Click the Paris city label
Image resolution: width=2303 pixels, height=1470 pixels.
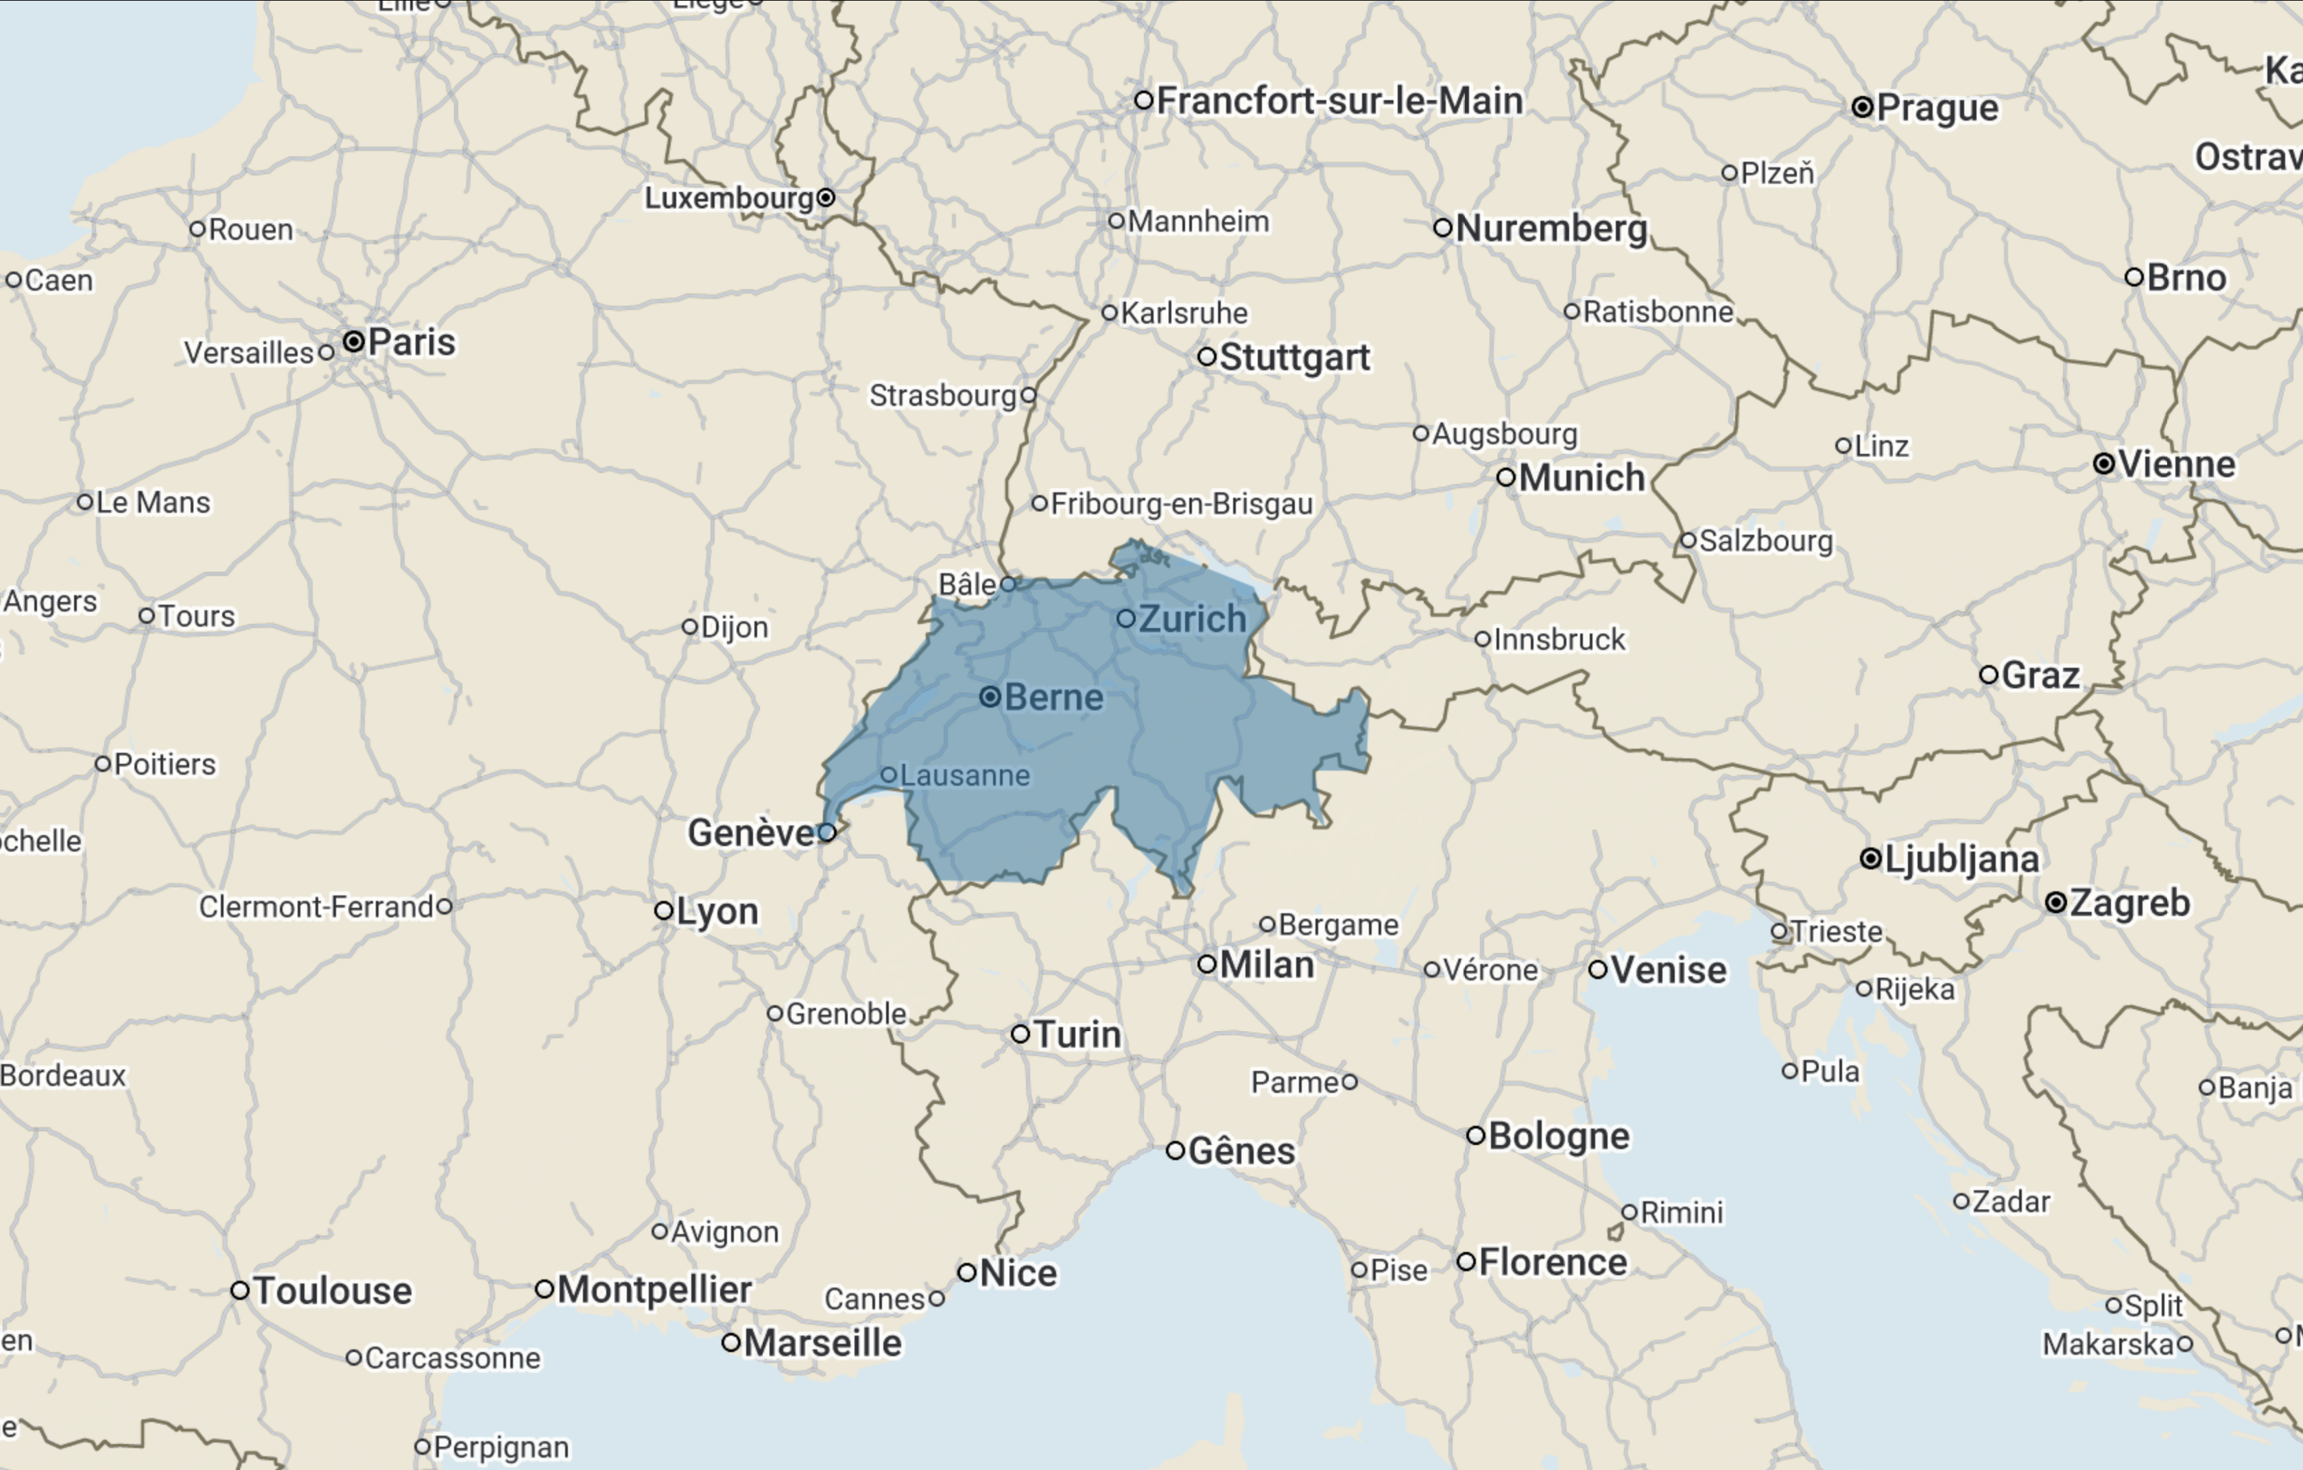coord(411,341)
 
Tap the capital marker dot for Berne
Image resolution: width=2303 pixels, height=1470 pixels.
coord(990,697)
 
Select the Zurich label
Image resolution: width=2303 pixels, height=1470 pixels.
coord(1193,619)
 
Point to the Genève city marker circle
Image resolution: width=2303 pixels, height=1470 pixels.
coord(826,832)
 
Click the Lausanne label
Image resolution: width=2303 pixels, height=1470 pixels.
coord(965,775)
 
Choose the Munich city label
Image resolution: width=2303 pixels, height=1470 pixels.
coord(1582,477)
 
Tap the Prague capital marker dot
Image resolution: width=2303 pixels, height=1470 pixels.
coord(1862,107)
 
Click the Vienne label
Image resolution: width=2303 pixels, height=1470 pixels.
coord(2177,464)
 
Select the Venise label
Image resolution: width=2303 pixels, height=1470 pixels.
coord(1669,969)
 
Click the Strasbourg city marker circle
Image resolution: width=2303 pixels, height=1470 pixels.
coord(1028,395)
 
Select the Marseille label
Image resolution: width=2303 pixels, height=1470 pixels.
coord(822,1342)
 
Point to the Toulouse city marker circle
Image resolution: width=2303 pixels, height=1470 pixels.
coord(240,1290)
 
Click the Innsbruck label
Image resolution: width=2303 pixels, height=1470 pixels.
coord(1559,639)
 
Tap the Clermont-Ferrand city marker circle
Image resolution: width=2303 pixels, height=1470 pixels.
coord(444,906)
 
